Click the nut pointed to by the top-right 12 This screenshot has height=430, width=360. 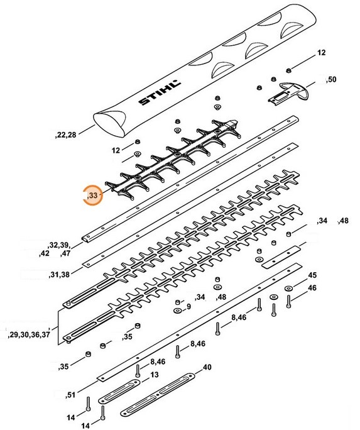(x=287, y=71)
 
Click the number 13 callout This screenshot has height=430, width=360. (x=154, y=374)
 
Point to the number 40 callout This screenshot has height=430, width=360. (x=206, y=368)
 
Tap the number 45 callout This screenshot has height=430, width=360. (x=312, y=275)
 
